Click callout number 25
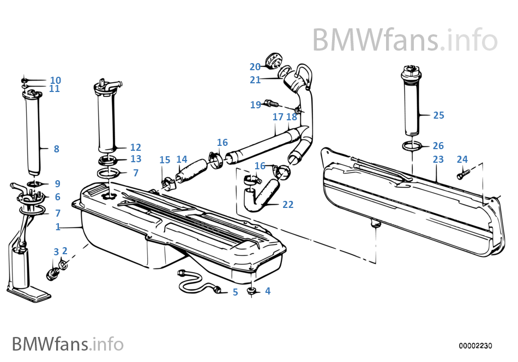pos(438,115)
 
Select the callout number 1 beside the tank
pos(58,226)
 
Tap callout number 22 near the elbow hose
pos(288,205)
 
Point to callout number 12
pos(135,148)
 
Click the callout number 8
pos(56,149)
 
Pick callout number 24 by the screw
pos(462,159)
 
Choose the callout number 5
pos(235,292)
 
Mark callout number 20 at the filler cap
pos(255,67)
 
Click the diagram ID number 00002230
pos(475,346)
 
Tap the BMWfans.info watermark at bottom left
pos(68,344)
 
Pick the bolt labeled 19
pos(271,102)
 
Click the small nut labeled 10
pos(25,79)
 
